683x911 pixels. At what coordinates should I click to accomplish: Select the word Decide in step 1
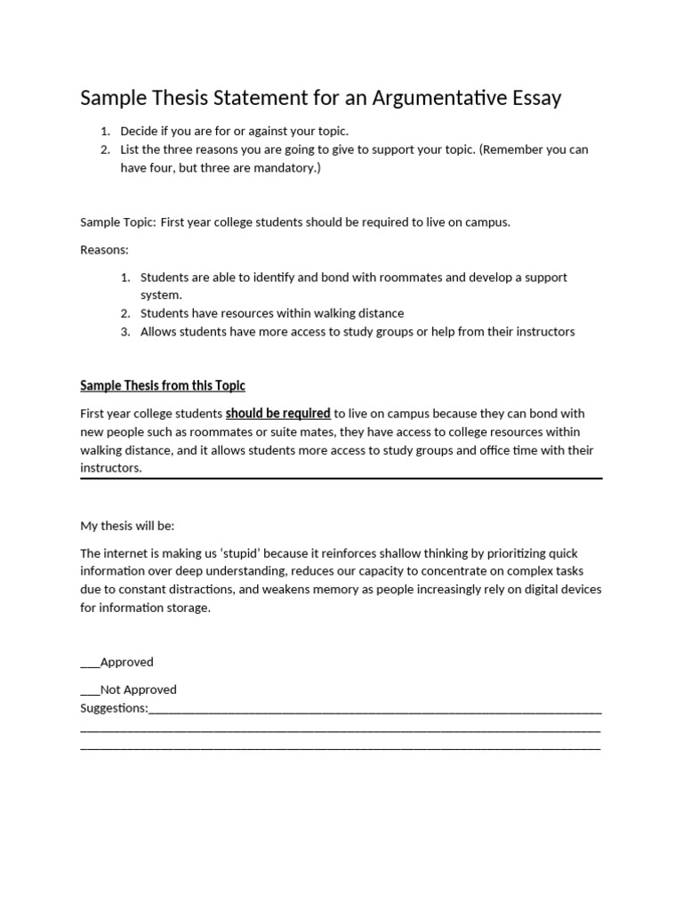click(139, 131)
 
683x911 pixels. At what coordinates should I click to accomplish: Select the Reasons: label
click(104, 250)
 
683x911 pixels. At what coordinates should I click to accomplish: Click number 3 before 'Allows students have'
click(125, 332)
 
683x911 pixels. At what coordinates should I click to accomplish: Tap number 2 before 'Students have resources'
click(125, 313)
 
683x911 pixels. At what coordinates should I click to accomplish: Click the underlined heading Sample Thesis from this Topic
click(163, 385)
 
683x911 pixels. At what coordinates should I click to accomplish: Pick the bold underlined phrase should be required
click(278, 414)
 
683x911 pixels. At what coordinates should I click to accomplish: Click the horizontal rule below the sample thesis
click(341, 479)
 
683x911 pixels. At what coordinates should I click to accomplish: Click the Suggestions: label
click(114, 708)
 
